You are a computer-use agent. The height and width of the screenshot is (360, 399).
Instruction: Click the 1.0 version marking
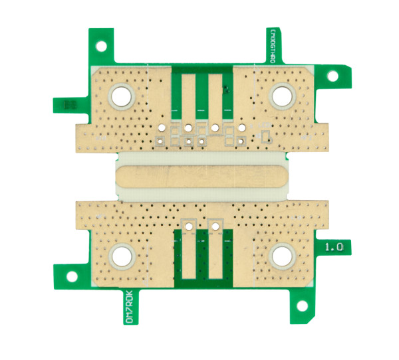[x=333, y=246]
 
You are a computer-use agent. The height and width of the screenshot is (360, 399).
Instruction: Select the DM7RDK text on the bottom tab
[x=130, y=308]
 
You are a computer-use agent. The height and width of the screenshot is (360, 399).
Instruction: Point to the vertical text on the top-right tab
[x=273, y=46]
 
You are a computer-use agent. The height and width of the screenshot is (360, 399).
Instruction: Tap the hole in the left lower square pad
[x=190, y=226]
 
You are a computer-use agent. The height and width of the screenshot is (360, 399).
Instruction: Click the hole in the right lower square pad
[x=214, y=226]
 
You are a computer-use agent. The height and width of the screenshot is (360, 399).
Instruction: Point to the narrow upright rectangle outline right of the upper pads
[x=265, y=137]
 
